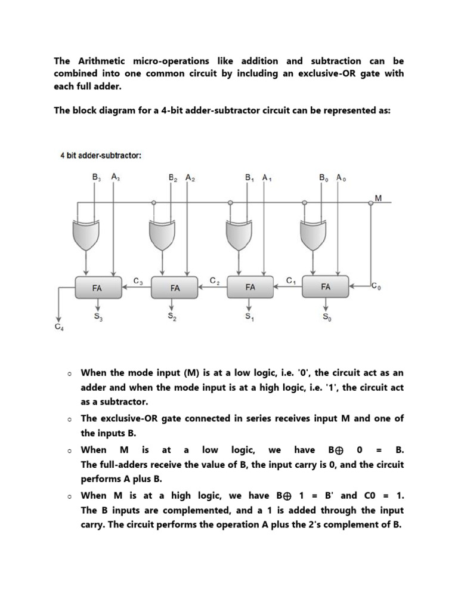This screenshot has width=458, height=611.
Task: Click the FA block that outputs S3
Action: [x=97, y=287]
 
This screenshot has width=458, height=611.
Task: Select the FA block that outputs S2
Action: [x=174, y=287]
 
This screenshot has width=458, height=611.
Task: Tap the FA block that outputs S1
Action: [x=250, y=287]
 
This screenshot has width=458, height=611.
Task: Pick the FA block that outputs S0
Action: [x=326, y=287]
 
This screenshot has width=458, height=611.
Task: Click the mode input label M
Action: [x=378, y=197]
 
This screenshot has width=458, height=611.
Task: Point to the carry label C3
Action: [x=138, y=280]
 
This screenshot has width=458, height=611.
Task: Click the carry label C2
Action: [x=215, y=280]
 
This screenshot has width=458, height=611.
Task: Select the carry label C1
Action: [x=290, y=280]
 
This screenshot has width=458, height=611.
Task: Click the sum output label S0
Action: [x=326, y=317]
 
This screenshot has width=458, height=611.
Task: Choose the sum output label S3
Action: [x=97, y=317]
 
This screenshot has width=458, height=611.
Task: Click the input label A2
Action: [x=190, y=178]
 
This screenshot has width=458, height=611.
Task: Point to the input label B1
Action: [x=249, y=178]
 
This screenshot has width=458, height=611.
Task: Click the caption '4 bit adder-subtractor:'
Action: [x=101, y=155]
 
